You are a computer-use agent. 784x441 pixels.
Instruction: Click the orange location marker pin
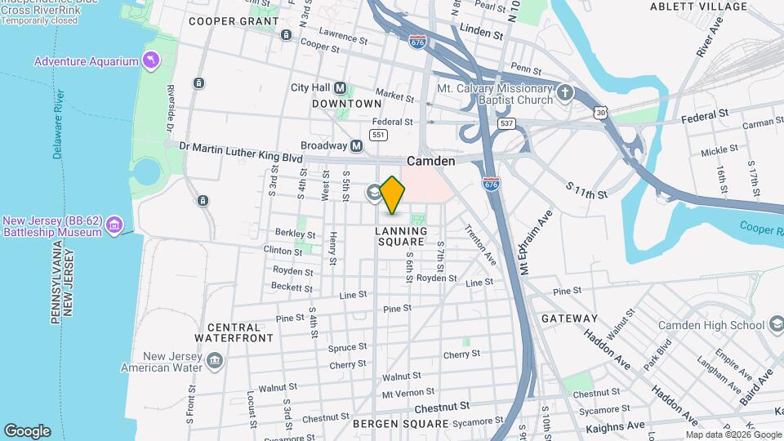(393, 194)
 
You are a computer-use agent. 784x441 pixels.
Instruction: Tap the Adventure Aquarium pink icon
(150, 61)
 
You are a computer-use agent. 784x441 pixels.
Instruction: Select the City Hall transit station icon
(341, 87)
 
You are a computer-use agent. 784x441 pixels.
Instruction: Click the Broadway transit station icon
(356, 146)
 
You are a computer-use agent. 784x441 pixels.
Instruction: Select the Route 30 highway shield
(600, 112)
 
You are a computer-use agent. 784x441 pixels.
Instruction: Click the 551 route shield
(377, 135)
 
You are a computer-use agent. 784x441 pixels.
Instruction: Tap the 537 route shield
(507, 123)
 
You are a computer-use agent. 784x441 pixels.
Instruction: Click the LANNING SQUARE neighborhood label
(401, 236)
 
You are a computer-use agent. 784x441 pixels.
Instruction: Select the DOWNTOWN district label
(346, 104)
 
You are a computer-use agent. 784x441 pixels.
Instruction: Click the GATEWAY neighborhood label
(569, 318)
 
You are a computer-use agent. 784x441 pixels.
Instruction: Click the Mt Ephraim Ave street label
(537, 242)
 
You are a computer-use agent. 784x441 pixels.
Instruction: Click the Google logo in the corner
(27, 431)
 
